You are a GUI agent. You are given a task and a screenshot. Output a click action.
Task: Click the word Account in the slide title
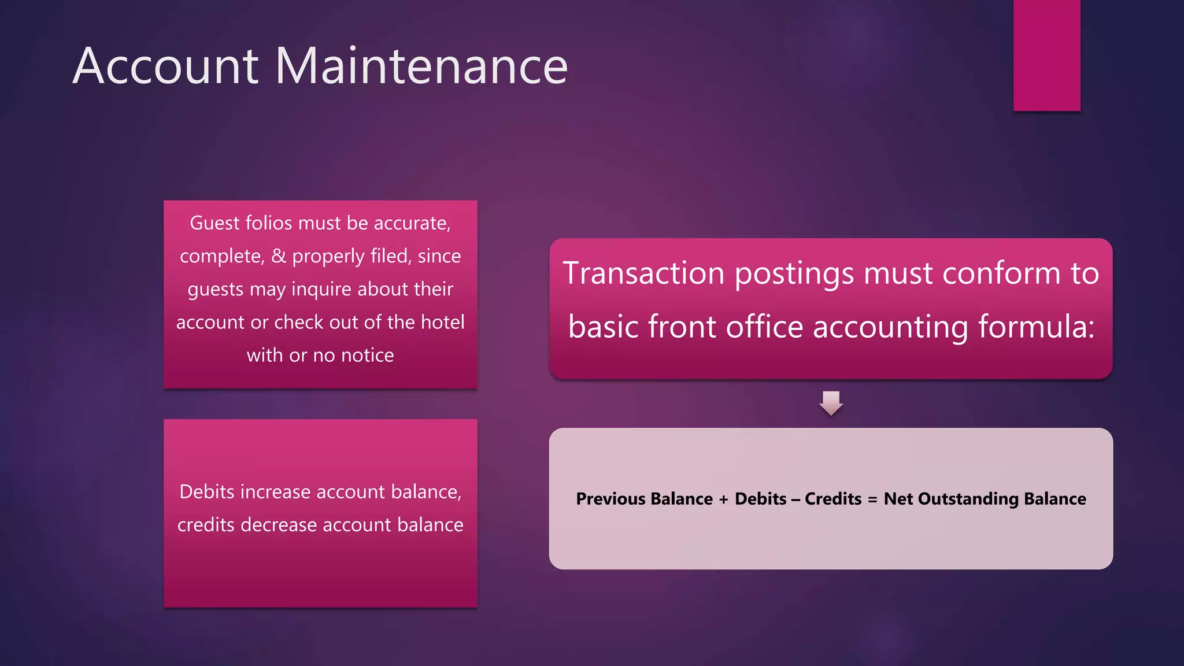pyautogui.click(x=165, y=66)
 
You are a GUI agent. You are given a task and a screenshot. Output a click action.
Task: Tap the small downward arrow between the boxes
pyautogui.click(x=831, y=403)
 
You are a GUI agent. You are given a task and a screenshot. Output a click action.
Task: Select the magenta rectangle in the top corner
pyautogui.click(x=1046, y=55)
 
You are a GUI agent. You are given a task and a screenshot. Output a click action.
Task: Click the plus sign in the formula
pyautogui.click(x=723, y=499)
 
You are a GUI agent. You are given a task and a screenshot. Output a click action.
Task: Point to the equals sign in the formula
pyautogui.click(x=872, y=499)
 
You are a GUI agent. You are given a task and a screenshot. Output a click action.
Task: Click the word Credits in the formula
pyautogui.click(x=833, y=498)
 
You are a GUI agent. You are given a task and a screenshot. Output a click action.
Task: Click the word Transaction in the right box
pyautogui.click(x=643, y=273)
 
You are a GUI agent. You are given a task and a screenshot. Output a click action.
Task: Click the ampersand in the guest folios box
pyautogui.click(x=279, y=256)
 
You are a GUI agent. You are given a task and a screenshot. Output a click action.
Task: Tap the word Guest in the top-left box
pyautogui.click(x=214, y=223)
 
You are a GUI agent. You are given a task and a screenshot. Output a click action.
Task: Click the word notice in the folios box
pyautogui.click(x=367, y=355)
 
